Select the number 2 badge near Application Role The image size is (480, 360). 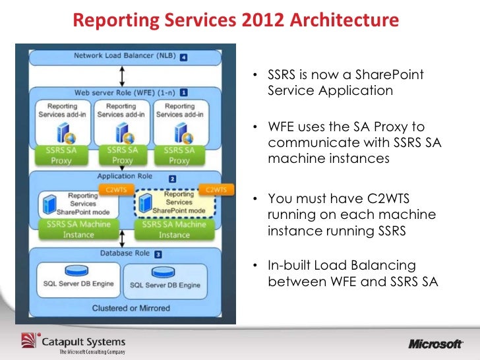click(172, 178)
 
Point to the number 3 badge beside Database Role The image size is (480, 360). click(158, 253)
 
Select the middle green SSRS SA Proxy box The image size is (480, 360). click(122, 156)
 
